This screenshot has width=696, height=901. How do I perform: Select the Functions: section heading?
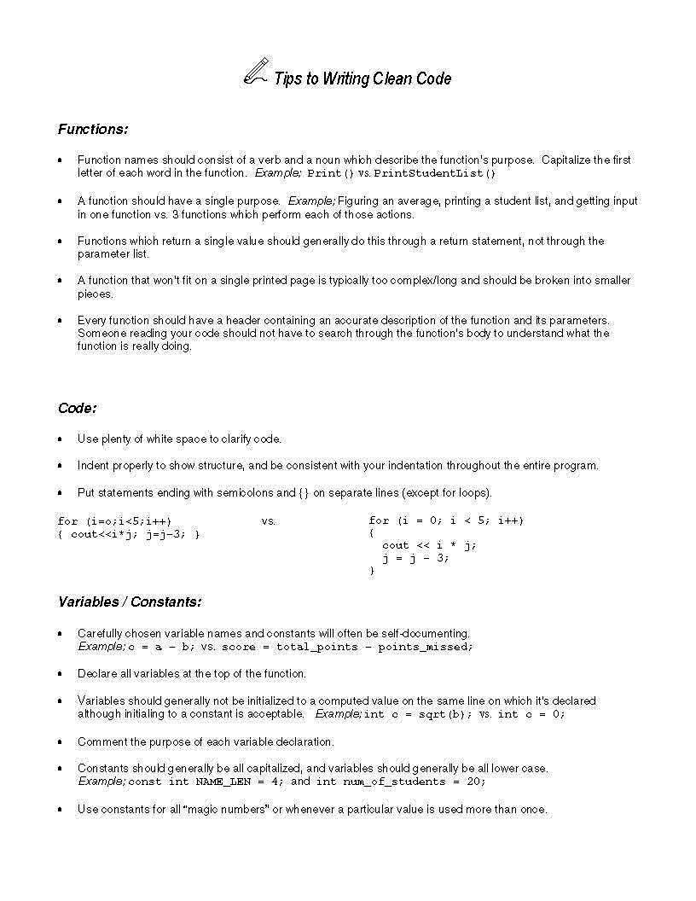coord(92,130)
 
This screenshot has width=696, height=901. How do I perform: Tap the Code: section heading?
coord(77,408)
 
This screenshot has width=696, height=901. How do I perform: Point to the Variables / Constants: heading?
coord(130,602)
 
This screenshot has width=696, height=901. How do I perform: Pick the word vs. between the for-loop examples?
coord(269,520)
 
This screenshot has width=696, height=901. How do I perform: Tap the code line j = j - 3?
coord(415,558)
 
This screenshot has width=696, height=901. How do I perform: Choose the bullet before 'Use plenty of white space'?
coord(60,439)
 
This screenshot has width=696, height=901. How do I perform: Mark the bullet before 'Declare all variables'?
coord(60,674)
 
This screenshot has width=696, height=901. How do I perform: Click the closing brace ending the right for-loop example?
coord(372,571)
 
